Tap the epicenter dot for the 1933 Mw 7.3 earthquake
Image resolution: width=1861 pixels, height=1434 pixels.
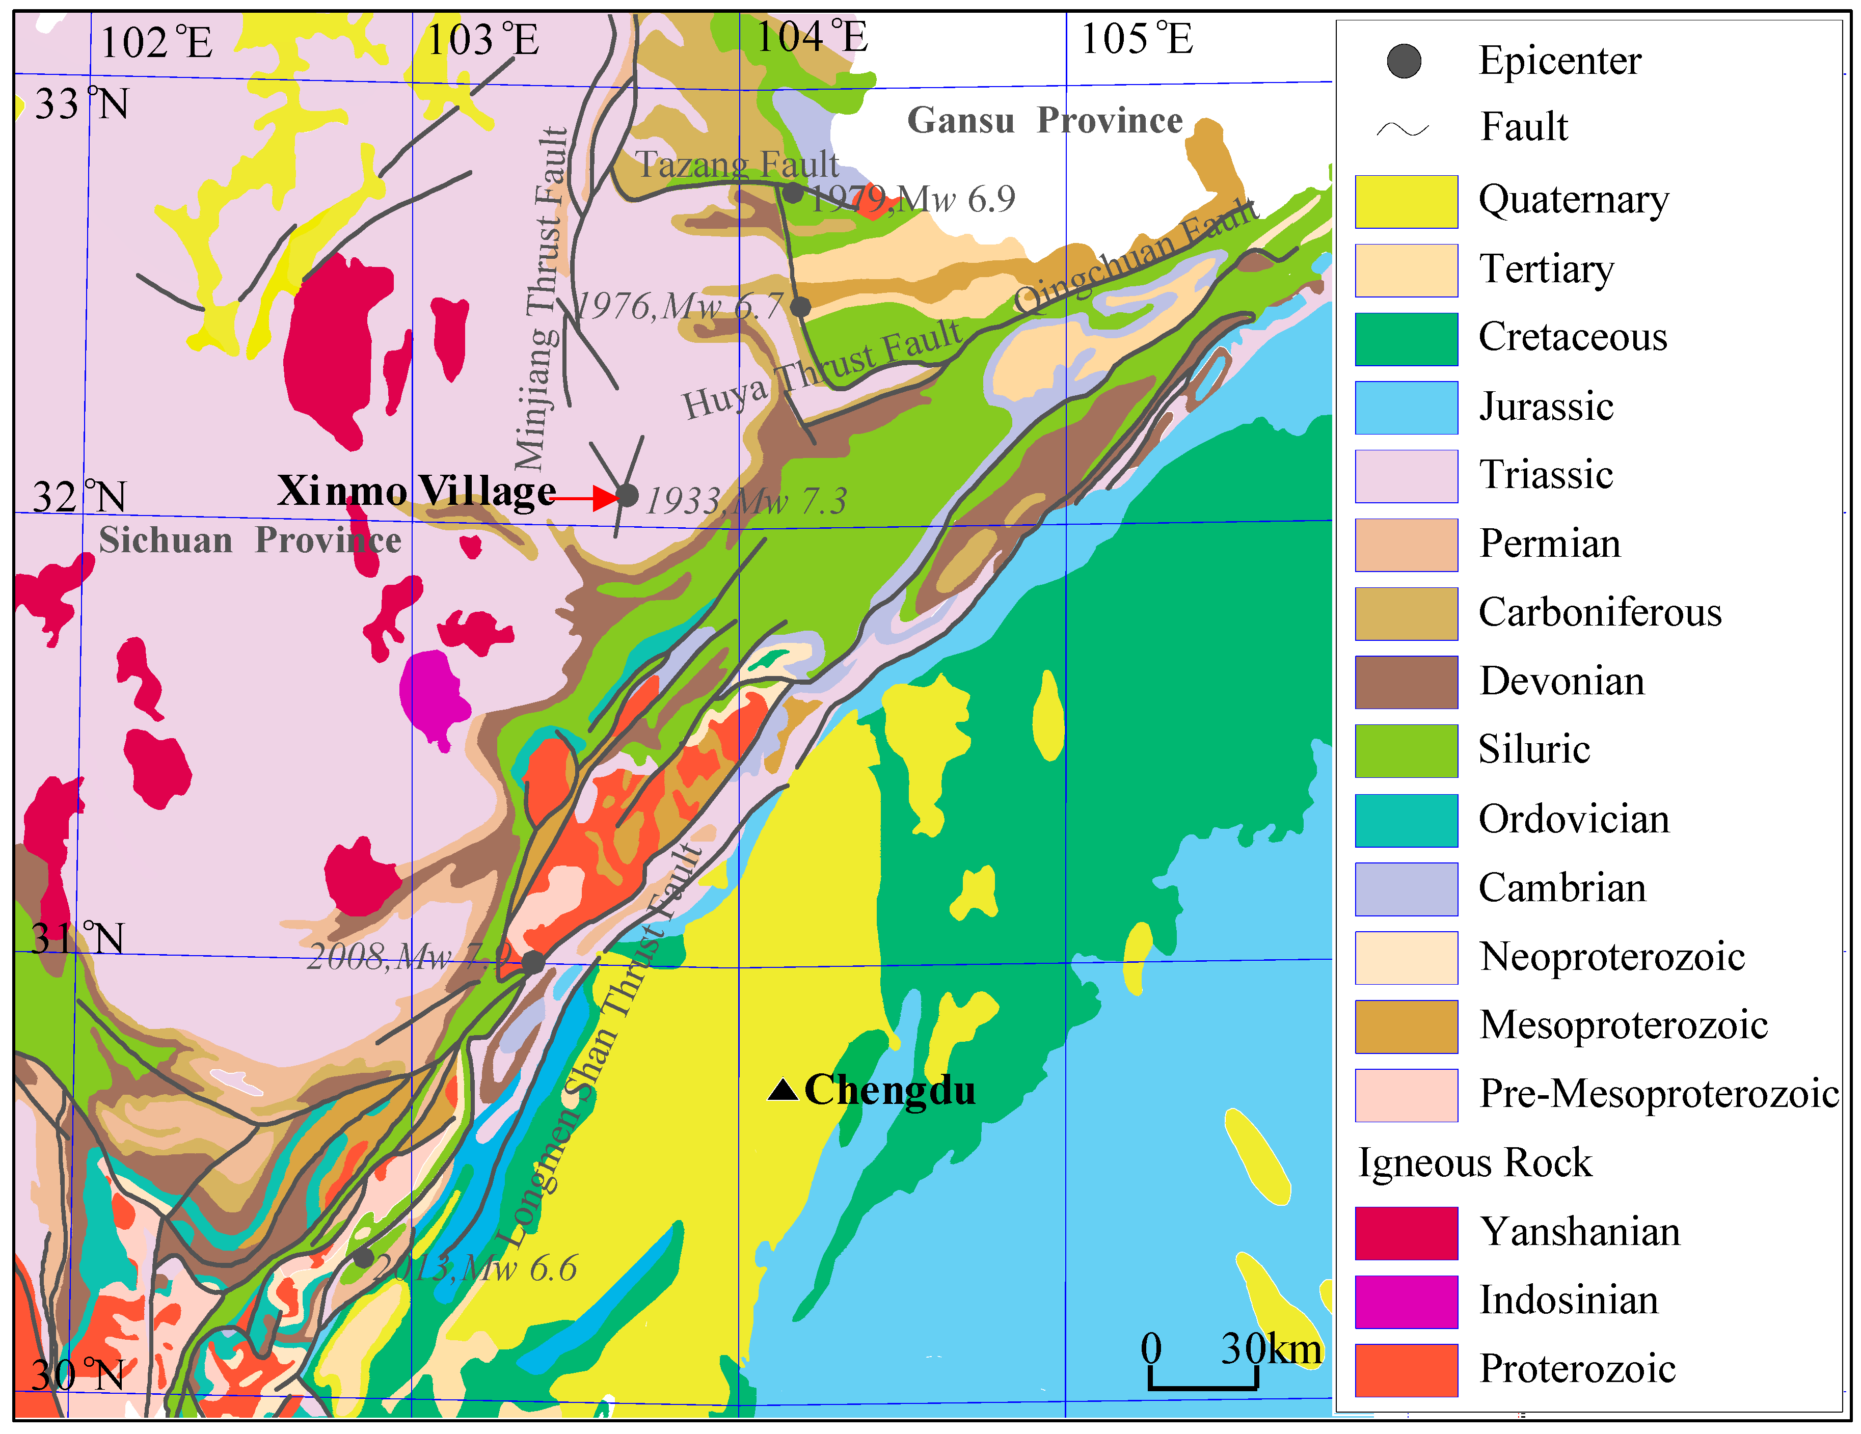click(627, 495)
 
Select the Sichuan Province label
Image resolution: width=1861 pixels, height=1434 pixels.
click(250, 540)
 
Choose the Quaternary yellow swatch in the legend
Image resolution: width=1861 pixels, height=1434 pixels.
click(1406, 202)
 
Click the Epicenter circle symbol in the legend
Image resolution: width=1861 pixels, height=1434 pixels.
click(1404, 61)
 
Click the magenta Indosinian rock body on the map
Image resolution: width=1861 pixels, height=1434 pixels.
click(433, 690)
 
